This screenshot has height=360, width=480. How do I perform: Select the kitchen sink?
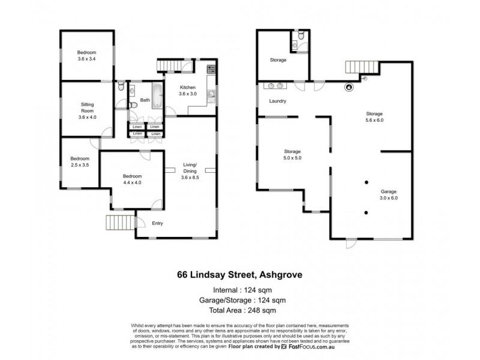[211, 94]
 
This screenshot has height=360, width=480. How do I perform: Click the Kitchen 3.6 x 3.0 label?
[188, 91]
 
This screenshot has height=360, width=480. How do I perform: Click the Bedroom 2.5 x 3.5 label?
[80, 161]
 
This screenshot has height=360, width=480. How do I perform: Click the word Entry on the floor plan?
[158, 224]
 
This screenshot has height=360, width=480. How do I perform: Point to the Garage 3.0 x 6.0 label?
[388, 194]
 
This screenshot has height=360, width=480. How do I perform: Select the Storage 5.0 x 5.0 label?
[293, 154]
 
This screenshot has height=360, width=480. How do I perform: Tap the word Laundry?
[277, 101]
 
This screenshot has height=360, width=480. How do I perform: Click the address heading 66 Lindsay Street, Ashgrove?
[239, 275]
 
